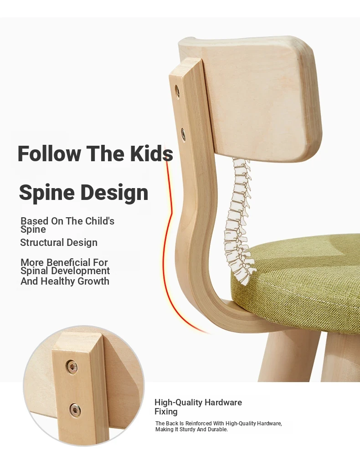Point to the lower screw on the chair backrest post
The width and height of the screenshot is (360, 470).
tap(183, 134)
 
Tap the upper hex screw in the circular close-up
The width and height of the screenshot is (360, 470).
tap(72, 367)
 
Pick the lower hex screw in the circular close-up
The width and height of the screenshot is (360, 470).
tap(75, 410)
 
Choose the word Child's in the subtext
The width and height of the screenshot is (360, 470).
tap(100, 221)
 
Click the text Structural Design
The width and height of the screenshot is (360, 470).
tap(59, 242)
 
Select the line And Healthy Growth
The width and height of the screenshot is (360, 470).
tap(65, 281)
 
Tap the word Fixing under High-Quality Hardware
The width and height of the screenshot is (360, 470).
tap(166, 412)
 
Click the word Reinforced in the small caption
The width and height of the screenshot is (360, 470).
tap(199, 423)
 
